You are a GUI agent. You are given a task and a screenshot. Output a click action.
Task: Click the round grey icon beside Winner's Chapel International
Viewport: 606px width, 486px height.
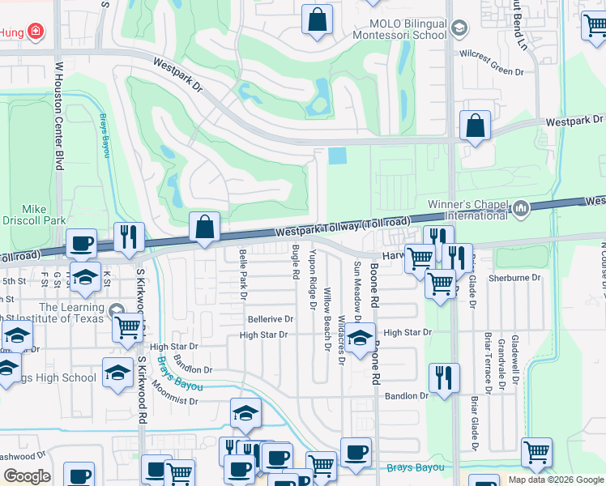(x=520, y=208)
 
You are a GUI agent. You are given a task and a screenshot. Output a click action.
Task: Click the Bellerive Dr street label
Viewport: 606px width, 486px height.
(x=271, y=319)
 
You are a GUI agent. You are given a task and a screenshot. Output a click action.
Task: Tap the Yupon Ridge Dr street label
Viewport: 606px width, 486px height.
(x=313, y=280)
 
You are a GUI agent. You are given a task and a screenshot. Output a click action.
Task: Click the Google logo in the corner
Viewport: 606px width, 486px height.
(x=27, y=476)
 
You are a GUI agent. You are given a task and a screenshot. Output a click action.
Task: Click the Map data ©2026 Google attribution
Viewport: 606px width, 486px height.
(x=555, y=480)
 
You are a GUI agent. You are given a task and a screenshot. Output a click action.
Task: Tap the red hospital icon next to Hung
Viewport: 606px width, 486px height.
(x=35, y=32)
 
